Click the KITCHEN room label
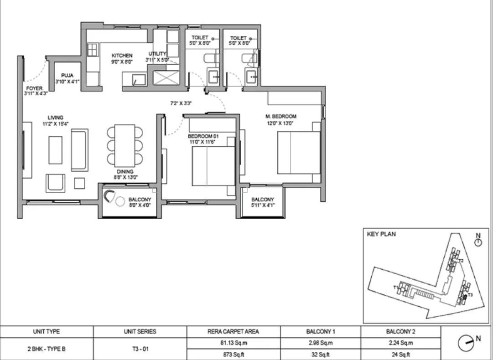tap(122, 56)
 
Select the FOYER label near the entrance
tap(34, 88)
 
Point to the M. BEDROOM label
tap(281, 116)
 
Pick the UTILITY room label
tap(157, 54)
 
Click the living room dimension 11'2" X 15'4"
tap(56, 123)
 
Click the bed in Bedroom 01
tap(213, 168)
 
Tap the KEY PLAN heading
tap(381, 234)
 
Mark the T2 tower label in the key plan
tap(461, 261)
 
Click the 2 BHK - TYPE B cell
tap(47, 349)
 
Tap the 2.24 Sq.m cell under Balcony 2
tap(401, 343)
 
